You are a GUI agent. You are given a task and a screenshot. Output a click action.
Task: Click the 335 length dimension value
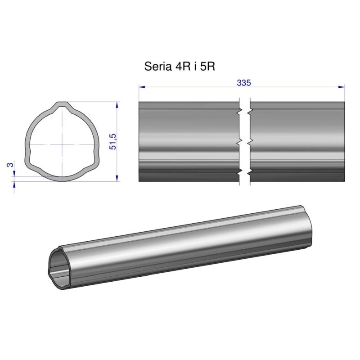(243, 83)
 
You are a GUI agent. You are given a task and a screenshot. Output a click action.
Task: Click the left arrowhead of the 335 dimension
(141, 86)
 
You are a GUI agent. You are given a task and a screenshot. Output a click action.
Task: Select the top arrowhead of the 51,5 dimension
(117, 104)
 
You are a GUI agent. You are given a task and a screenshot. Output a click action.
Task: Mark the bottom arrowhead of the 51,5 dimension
(117, 178)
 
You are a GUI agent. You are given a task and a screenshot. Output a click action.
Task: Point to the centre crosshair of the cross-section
(61, 144)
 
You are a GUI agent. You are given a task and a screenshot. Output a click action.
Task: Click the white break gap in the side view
(244, 142)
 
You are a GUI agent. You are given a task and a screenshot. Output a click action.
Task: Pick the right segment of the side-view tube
(297, 142)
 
